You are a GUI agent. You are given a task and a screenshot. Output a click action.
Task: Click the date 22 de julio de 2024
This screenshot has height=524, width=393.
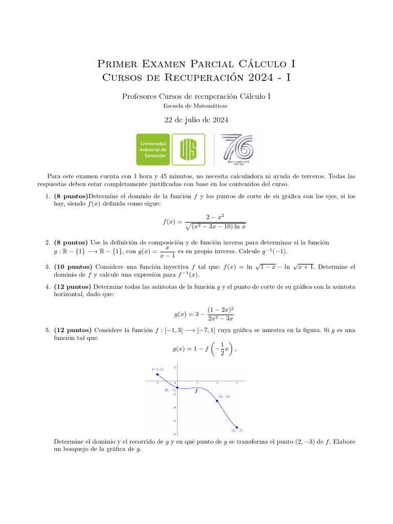[x=196, y=120]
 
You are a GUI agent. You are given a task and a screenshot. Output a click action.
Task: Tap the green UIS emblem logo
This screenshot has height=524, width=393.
[x=188, y=149]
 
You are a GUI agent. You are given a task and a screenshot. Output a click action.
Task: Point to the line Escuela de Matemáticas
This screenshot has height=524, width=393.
[x=196, y=106]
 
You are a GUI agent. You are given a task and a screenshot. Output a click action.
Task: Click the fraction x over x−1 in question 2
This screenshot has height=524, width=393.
[x=167, y=251]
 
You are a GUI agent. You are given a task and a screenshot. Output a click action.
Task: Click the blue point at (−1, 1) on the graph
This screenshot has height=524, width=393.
[x=157, y=375]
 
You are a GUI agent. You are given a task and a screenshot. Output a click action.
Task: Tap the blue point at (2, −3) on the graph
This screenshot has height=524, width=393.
[x=217, y=401]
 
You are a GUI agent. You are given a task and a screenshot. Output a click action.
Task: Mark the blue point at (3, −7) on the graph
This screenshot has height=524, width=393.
[x=237, y=427]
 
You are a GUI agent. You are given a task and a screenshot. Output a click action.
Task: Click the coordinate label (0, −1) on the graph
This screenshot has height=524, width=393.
[x=170, y=390]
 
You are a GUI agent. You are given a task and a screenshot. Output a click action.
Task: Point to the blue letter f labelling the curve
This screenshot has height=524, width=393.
[x=196, y=391]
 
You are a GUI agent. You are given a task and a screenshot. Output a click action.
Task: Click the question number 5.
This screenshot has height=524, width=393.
[x=47, y=330]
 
